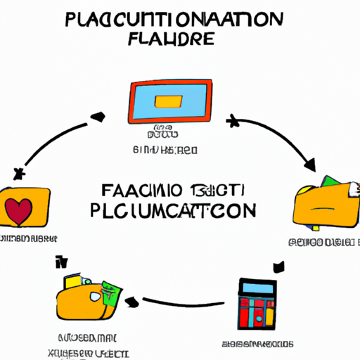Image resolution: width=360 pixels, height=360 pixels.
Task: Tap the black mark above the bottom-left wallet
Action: [x=62, y=263]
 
